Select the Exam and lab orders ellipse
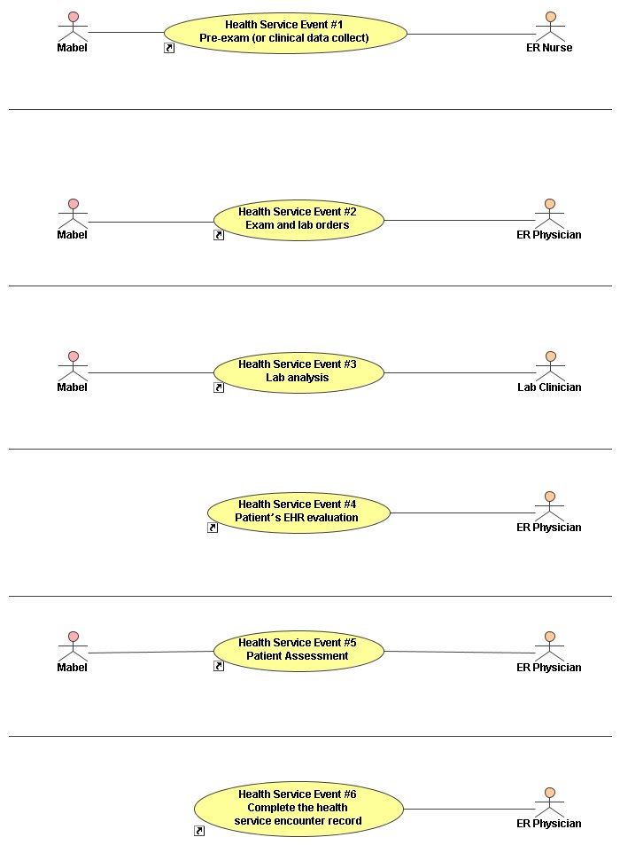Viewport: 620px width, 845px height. pos(298,220)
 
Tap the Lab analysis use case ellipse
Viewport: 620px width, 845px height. pos(298,372)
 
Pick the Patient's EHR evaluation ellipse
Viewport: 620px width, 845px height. pos(298,512)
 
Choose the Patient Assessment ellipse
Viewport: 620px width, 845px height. pos(298,651)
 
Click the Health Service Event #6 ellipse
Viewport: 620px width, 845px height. pos(298,809)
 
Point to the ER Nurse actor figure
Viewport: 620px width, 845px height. pos(550,27)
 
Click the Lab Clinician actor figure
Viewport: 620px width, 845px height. pos(550,366)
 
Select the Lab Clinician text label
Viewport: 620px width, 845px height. pos(549,387)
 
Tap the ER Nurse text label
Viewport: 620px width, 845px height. pos(549,48)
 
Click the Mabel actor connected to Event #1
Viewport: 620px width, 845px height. pos(74,27)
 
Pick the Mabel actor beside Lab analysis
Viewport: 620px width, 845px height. pos(74,366)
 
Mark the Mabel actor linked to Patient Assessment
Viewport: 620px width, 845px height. pos(74,646)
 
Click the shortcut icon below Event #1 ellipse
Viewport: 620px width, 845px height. pos(169,48)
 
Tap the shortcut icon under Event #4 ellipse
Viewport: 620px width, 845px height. pos(213,528)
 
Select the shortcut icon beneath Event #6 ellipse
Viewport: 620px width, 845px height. pos(199,831)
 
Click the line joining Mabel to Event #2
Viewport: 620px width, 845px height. pos(151,222)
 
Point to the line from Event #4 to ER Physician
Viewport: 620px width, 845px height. pos(463,513)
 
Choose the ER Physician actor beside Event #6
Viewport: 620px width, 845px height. pos(550,802)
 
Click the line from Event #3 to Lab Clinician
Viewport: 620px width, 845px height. pos(461,373)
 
